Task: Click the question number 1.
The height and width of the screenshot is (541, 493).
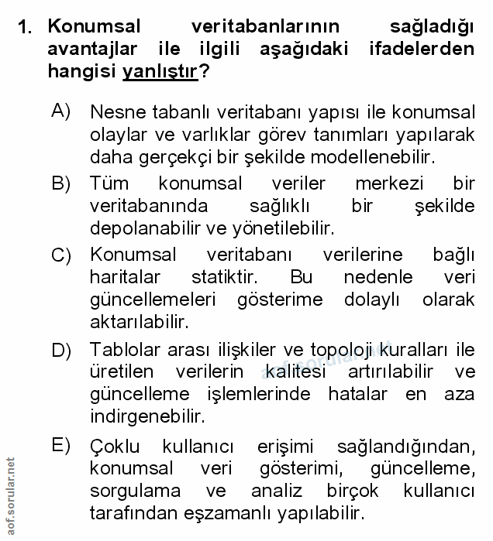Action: [x=24, y=29]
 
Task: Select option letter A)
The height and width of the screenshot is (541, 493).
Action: [x=61, y=111]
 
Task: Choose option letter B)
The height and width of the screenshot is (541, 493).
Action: [x=61, y=183]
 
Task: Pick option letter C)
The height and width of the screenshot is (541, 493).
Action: [x=61, y=255]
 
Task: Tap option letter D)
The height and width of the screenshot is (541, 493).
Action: [x=61, y=350]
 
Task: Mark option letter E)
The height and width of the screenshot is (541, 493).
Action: [x=61, y=445]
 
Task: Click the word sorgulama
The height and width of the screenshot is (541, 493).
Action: [x=134, y=491]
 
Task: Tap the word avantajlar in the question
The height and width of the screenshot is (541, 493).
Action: [x=91, y=50]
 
